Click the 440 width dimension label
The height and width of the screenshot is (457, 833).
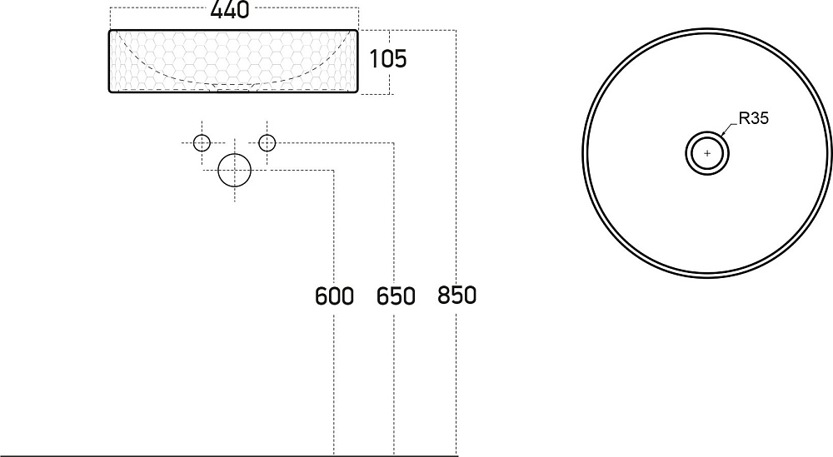coord(230,9)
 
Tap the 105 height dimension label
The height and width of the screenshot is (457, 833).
coord(388,58)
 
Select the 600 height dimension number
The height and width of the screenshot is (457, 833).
coord(334,296)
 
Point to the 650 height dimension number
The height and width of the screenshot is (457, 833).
coord(396,296)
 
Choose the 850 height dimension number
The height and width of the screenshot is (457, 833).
coord(456,296)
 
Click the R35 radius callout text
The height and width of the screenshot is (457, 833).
coord(753,118)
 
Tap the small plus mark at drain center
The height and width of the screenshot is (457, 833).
coord(707,153)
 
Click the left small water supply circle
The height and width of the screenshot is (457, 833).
coord(202,143)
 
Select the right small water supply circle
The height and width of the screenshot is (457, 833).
coord(267,143)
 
